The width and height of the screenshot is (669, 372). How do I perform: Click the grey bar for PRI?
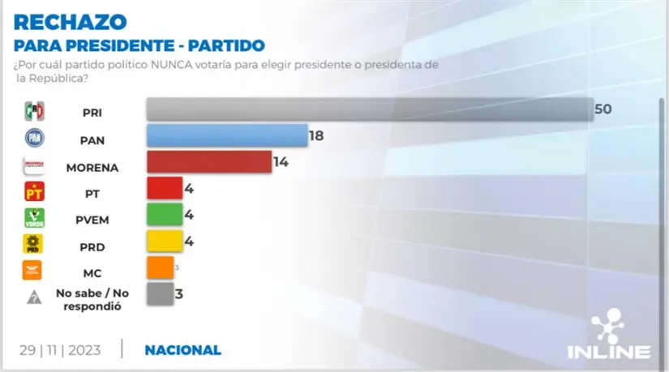369,109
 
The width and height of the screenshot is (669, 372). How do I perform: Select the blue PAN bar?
226,135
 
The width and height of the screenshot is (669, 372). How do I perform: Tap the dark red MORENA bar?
208,162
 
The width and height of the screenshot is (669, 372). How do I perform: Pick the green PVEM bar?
163,215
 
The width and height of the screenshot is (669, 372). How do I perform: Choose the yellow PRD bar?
163,241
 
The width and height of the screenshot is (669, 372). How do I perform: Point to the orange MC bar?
160,267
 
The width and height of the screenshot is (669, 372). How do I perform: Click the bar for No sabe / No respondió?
160,293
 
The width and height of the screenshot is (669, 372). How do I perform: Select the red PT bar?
163,188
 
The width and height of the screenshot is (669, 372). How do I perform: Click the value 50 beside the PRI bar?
603,109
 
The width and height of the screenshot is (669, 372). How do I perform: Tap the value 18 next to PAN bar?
316,135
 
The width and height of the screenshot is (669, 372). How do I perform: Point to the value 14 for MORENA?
281,162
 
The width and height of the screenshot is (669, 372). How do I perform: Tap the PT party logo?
34,191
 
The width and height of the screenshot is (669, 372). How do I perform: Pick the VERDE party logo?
34,217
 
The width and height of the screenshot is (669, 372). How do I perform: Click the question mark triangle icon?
34,297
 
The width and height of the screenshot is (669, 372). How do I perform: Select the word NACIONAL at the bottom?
182,350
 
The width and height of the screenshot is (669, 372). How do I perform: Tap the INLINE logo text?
620,352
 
